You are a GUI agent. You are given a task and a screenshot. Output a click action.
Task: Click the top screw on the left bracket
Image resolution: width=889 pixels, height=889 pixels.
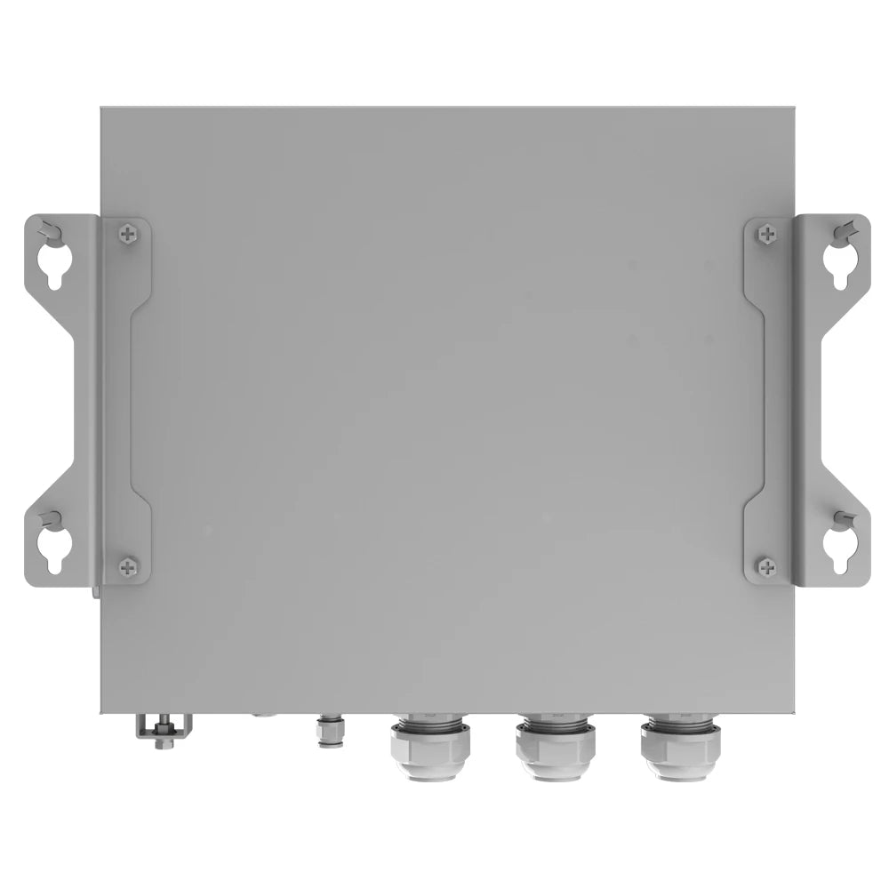pyautogui.click(x=130, y=235)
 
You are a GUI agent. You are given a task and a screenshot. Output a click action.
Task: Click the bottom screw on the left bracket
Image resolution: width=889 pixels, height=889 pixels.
pyautogui.click(x=129, y=565)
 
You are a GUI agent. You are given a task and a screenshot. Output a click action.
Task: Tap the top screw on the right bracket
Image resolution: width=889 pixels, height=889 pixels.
pyautogui.click(x=766, y=235)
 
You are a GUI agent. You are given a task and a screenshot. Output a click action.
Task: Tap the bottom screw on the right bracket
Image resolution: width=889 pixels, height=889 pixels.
pyautogui.click(x=766, y=565)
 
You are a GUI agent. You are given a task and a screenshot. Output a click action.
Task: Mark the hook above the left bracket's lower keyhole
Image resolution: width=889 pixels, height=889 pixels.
pyautogui.click(x=52, y=518)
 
